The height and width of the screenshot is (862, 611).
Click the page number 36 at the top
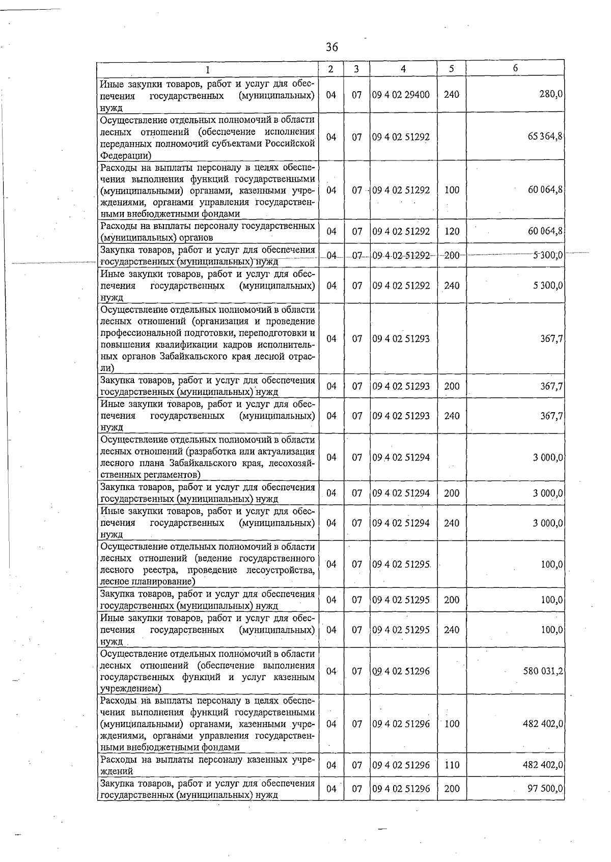tap(331, 47)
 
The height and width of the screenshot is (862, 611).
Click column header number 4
tap(403, 69)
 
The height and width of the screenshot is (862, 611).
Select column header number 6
tap(515, 68)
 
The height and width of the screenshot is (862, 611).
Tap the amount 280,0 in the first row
tap(551, 95)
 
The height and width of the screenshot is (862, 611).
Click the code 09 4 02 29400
tap(401, 95)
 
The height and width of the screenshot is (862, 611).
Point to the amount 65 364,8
tap(545, 137)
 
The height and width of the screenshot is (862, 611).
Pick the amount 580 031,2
tap(543, 671)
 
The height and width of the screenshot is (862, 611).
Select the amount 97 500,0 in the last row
tap(545, 789)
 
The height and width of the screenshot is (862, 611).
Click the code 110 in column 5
tap(452, 765)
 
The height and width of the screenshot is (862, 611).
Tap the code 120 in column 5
tap(452, 231)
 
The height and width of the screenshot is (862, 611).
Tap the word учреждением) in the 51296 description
tap(131, 689)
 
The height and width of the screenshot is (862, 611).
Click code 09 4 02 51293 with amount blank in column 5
tap(401, 339)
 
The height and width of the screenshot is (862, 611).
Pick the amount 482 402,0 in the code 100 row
tap(543, 724)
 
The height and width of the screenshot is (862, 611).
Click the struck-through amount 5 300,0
tap(548, 255)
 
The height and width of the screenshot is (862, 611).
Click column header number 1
tap(207, 69)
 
